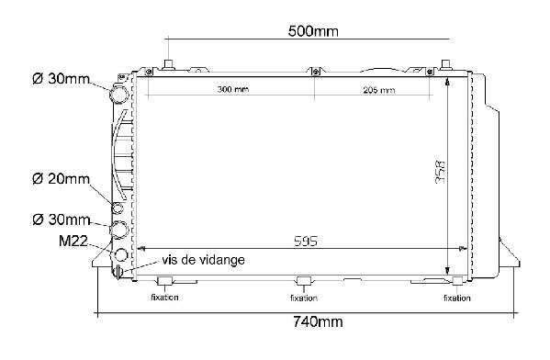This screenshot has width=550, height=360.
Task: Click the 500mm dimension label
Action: tap(313, 31)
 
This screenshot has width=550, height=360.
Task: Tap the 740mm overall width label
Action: tap(318, 321)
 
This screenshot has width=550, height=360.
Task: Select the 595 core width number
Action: tap(306, 241)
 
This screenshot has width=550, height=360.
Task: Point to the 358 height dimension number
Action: tap(440, 172)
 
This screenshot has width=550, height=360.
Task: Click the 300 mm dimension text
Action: tap(233, 89)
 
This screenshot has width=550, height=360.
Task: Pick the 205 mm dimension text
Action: tap(379, 90)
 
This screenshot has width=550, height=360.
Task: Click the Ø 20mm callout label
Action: tap(61, 179)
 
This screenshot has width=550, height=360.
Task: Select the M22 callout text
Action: tap(73, 241)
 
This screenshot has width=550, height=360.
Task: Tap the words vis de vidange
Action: tap(203, 260)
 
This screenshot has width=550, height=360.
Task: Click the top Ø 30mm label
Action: tap(61, 79)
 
